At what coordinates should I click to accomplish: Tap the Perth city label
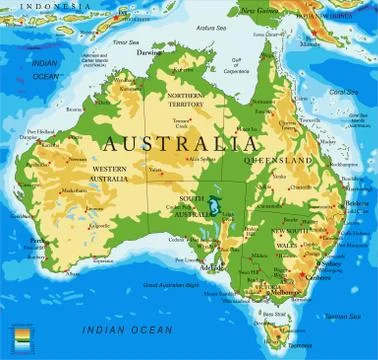38,240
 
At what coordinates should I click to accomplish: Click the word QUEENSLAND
287,159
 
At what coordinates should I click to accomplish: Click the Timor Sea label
125,42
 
